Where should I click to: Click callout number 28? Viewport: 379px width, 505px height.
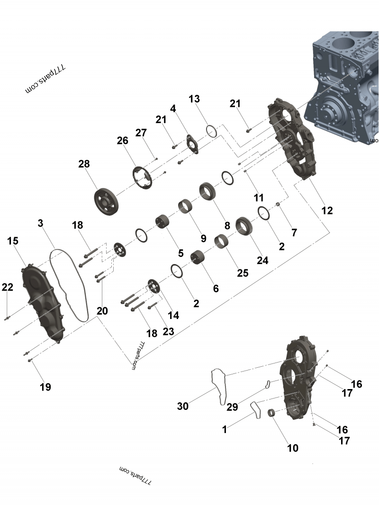click(84, 164)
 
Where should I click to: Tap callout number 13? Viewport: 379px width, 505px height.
click(194, 99)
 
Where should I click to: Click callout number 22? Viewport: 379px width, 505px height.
click(8, 287)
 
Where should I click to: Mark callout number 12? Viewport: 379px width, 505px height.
click(327, 211)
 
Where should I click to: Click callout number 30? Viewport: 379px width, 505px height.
click(183, 406)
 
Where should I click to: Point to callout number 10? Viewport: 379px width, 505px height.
click(293, 447)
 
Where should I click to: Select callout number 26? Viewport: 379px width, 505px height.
click(123, 141)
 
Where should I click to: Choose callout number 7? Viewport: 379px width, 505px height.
click(294, 232)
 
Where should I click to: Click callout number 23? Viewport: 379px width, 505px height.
click(169, 331)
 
